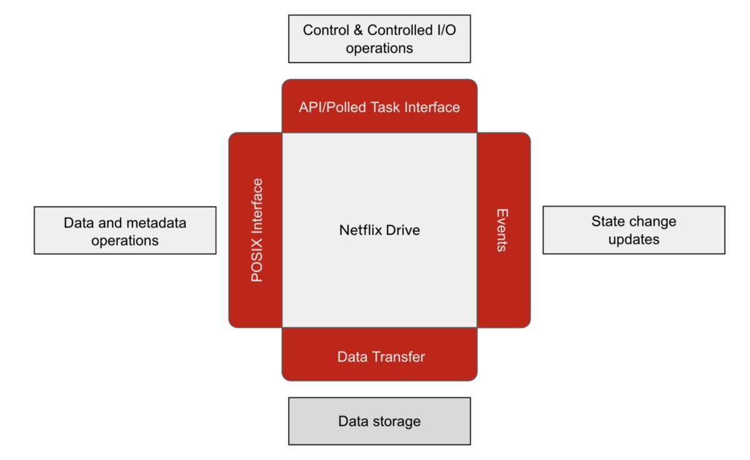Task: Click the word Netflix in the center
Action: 360,230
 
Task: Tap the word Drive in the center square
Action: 402,230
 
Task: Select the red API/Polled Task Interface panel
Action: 379,106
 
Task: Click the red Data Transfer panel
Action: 379,354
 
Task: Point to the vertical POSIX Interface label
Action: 257,230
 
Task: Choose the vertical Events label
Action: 502,230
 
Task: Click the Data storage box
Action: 379,421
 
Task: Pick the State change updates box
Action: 634,230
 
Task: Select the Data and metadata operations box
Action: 125,231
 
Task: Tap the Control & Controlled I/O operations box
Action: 379,39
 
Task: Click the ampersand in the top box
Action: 358,30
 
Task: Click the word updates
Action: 634,239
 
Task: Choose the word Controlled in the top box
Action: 400,30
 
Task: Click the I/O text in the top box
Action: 447,30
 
